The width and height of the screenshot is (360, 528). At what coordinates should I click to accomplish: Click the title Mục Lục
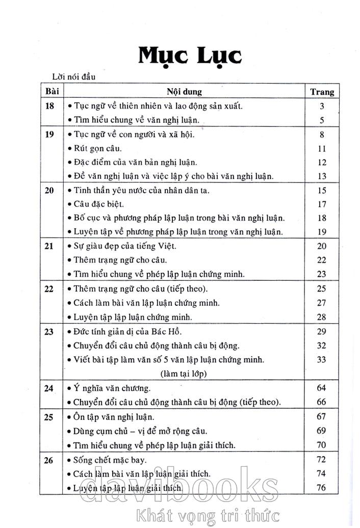pos(189,56)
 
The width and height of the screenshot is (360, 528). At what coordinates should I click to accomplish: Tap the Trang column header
pos(322,92)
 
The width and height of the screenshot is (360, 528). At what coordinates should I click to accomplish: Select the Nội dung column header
pos(184,92)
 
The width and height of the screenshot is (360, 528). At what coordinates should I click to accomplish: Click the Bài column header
pos(53,92)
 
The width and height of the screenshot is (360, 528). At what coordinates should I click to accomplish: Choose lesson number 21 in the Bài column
pos(49,246)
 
